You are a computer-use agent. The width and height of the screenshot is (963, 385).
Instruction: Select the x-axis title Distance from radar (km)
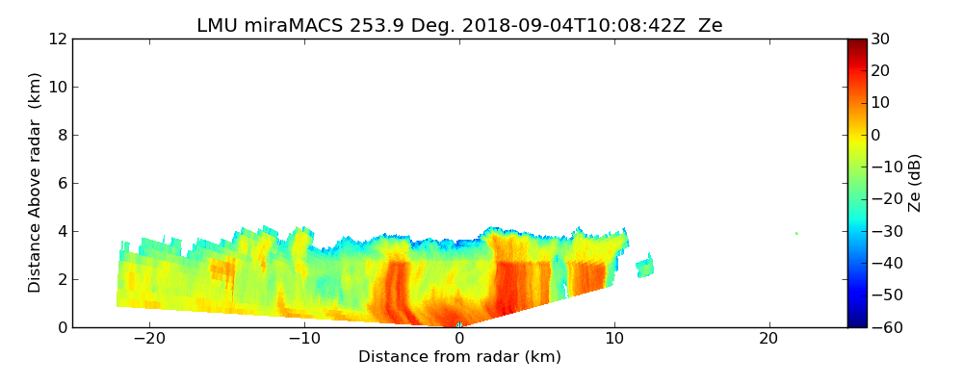(459, 357)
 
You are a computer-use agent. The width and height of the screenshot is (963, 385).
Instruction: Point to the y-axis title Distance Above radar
(36, 183)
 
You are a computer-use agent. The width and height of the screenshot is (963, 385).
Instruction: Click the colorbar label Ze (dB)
(915, 183)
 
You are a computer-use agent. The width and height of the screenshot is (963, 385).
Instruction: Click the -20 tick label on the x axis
(149, 339)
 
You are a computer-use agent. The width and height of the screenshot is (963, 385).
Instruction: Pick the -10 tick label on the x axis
(304, 339)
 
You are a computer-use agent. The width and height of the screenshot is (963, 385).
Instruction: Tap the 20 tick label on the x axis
(768, 339)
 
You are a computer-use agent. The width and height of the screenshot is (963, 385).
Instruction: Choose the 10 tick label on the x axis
(614, 339)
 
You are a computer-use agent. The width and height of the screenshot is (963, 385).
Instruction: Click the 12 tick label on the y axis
(58, 38)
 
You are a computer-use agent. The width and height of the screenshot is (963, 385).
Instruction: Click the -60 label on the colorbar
(884, 327)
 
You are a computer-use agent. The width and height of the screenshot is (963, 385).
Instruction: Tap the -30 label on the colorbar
(884, 231)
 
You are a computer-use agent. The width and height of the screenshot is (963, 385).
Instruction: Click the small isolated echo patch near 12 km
(645, 267)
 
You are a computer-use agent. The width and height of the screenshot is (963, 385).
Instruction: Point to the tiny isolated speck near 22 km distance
(796, 233)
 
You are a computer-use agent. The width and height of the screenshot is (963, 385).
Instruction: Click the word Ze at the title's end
(710, 26)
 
